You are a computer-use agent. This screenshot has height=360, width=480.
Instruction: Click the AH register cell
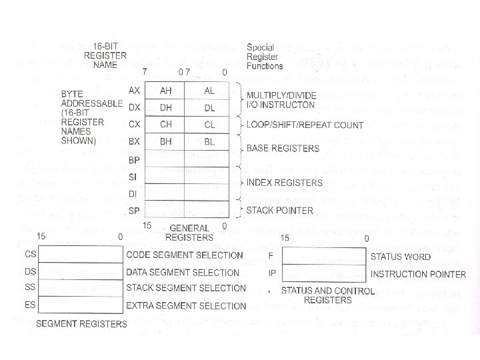pyautogui.click(x=166, y=91)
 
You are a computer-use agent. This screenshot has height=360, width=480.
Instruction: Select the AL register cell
pyautogui.click(x=209, y=91)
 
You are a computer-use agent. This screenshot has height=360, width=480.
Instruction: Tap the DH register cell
pyautogui.click(x=166, y=107)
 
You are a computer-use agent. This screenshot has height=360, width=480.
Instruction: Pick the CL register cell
pyautogui.click(x=209, y=125)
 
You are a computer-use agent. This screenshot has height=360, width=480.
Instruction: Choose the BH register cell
pyautogui.click(x=166, y=141)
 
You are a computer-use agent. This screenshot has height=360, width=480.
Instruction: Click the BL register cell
pyautogui.click(x=209, y=141)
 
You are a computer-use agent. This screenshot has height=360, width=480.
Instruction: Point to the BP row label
pyautogui.click(x=133, y=160)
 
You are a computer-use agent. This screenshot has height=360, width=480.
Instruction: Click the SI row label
pyautogui.click(x=133, y=177)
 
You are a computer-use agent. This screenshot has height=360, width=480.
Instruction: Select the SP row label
pyautogui.click(x=133, y=211)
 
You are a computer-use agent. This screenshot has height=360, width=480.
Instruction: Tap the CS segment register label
pyautogui.click(x=30, y=255)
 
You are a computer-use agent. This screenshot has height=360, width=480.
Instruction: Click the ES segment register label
pyautogui.click(x=30, y=305)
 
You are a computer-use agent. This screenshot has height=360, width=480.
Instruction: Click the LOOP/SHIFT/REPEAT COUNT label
pyautogui.click(x=305, y=125)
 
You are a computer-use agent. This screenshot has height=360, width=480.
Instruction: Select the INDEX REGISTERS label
pyautogui.click(x=285, y=182)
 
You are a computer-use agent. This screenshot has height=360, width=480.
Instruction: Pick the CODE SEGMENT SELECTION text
pyautogui.click(x=185, y=255)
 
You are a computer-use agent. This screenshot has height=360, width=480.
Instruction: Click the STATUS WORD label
pyautogui.click(x=401, y=257)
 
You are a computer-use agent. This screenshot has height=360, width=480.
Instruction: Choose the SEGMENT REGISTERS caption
pyautogui.click(x=81, y=324)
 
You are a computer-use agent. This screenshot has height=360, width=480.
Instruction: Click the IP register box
pyautogui.click(x=324, y=273)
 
